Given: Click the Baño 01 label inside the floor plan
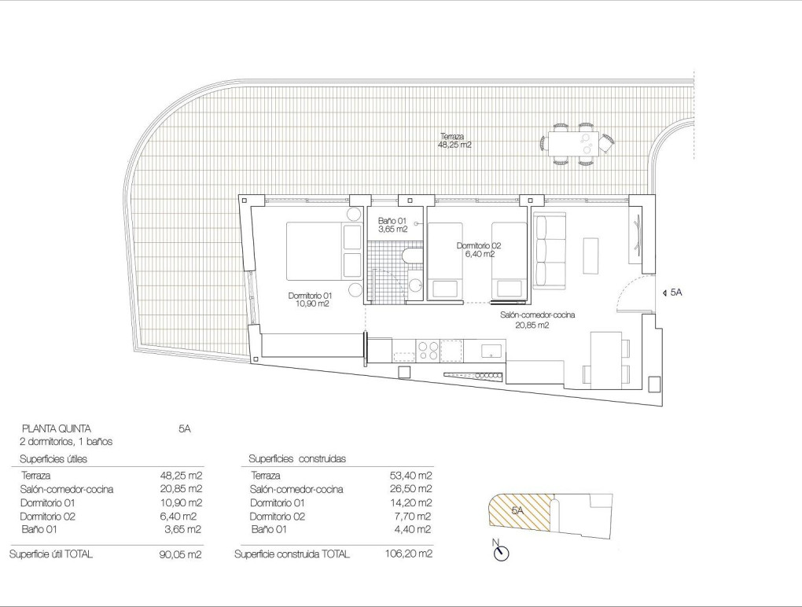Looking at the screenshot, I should (391, 225).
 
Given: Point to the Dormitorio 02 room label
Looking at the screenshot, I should (479, 249).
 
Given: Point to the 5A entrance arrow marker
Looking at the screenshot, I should (673, 292).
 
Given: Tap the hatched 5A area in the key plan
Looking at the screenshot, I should (515, 511).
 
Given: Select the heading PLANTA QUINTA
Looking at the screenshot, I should (56, 429).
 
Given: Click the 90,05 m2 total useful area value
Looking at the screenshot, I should (180, 554).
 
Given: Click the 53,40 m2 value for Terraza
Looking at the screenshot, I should (412, 476).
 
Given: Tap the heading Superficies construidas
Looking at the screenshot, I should (297, 458).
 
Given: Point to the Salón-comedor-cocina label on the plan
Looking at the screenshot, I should (538, 318).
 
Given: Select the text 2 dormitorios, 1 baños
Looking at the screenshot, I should (67, 442).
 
